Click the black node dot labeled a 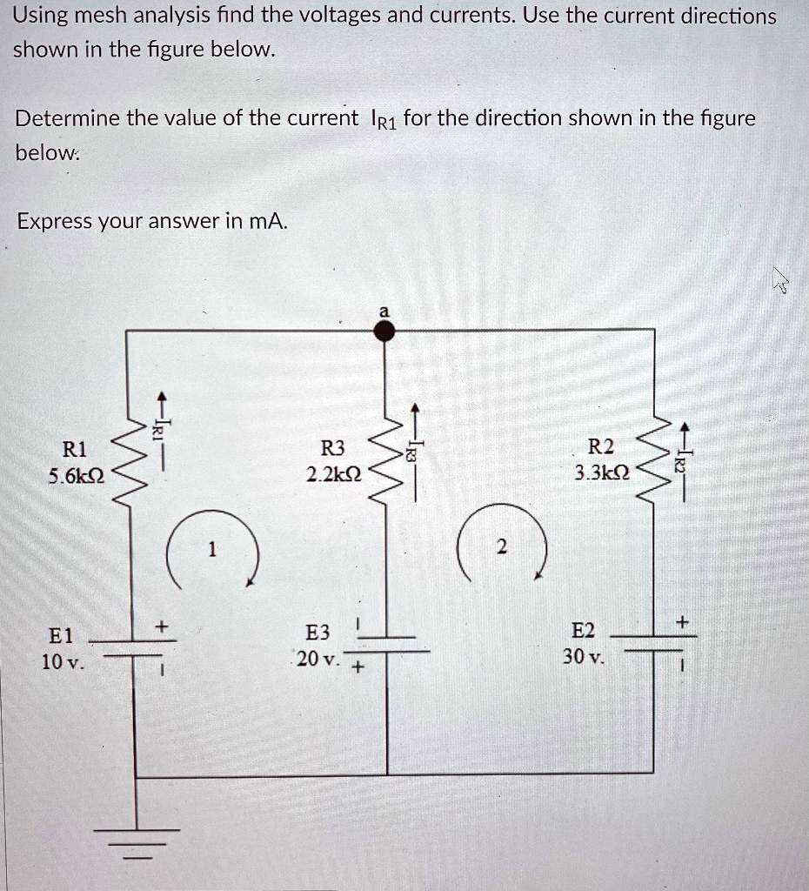tap(385, 330)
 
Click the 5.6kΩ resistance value tap(75, 476)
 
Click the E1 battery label tap(62, 635)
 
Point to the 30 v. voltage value tap(582, 657)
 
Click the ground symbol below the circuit tap(136, 840)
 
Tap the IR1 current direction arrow tap(159, 423)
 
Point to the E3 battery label tap(318, 633)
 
